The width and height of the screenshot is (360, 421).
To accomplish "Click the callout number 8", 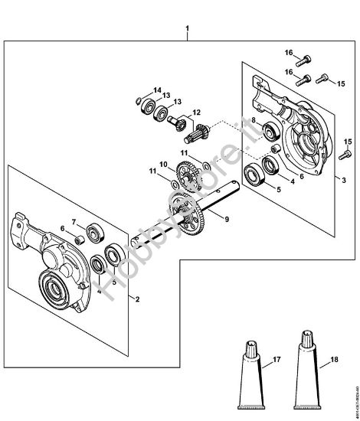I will (253, 121).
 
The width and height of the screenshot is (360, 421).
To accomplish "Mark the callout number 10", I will (162, 163).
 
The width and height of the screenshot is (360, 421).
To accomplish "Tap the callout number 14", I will (156, 90).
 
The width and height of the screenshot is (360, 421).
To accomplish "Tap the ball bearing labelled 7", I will (95, 230).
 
